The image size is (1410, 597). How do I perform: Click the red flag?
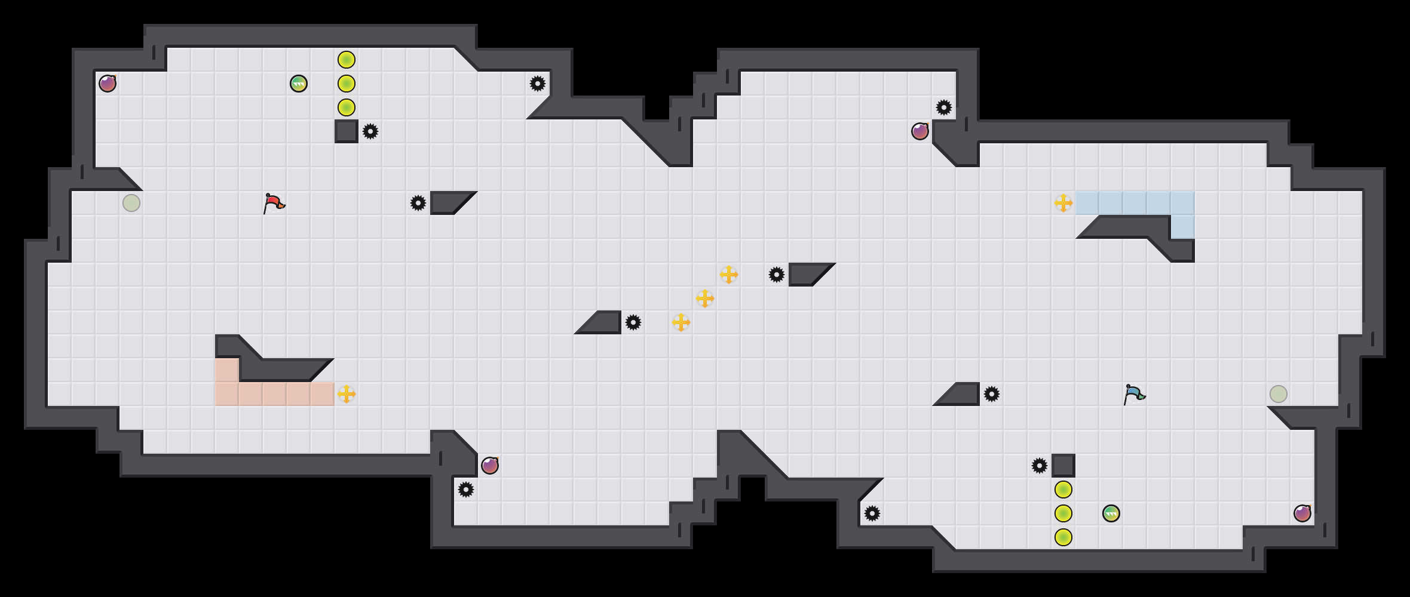click(x=274, y=203)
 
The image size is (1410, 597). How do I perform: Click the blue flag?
click(x=1133, y=394)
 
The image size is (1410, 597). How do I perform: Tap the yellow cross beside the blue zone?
click(x=1063, y=203)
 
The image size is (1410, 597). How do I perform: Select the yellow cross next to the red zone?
click(x=347, y=394)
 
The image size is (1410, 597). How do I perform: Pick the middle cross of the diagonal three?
click(x=705, y=298)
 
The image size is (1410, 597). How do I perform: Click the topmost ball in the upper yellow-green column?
click(x=347, y=60)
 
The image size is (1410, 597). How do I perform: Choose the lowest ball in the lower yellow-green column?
click(x=1063, y=537)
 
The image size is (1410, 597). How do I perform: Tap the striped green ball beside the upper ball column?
click(x=299, y=84)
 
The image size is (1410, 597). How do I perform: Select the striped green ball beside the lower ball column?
click(x=1111, y=513)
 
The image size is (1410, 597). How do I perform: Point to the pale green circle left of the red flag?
click(x=131, y=203)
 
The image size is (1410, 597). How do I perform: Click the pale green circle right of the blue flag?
click(x=1279, y=394)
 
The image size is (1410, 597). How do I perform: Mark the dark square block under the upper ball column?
click(x=347, y=131)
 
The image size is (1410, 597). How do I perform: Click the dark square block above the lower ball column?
click(x=1063, y=466)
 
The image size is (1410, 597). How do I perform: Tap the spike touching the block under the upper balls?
click(x=370, y=131)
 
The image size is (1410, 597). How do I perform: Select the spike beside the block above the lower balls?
click(x=1040, y=466)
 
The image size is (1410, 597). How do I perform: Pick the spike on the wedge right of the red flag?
click(x=418, y=203)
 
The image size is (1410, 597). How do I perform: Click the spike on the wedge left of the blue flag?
click(x=992, y=394)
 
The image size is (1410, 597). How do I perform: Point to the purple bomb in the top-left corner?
click(x=108, y=84)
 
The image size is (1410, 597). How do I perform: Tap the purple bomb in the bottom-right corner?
click(x=1302, y=513)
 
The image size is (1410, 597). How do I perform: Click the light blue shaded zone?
click(x=1135, y=203)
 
